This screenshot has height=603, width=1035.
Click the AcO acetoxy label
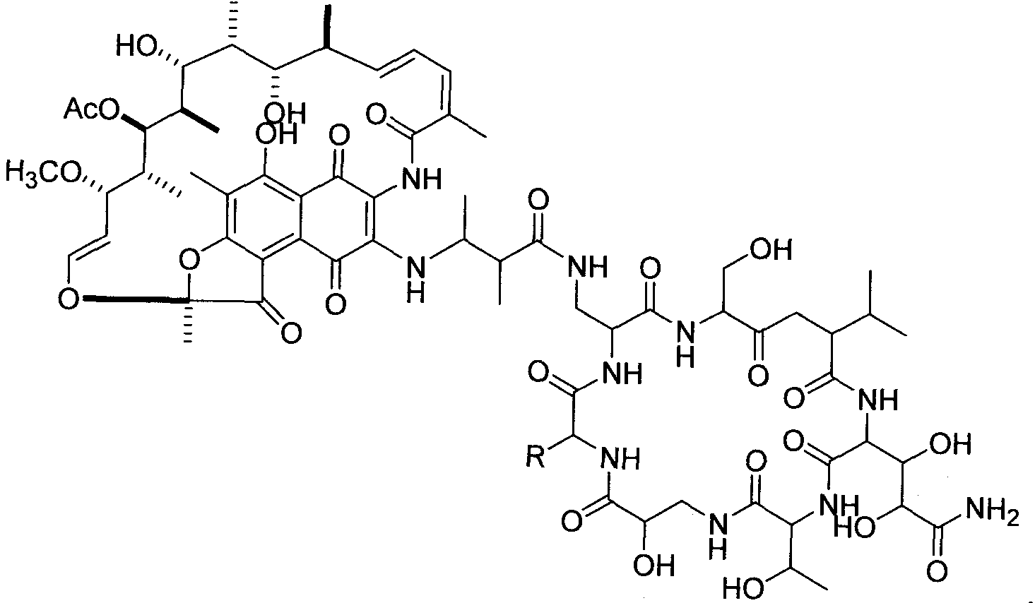tap(91, 109)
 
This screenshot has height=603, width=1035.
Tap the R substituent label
tap(536, 456)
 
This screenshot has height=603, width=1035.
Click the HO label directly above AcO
tap(136, 45)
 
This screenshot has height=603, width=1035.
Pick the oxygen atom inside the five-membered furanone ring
tap(190, 259)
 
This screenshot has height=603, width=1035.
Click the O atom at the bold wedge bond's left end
tap(69, 298)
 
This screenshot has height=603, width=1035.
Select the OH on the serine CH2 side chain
tap(771, 249)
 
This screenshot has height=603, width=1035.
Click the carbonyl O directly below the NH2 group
tap(937, 570)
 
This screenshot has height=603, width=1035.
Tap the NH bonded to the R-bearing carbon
tap(621, 459)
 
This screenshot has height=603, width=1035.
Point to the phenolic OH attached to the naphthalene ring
tap(277, 134)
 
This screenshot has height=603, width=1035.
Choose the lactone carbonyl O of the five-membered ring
tap(290, 333)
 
